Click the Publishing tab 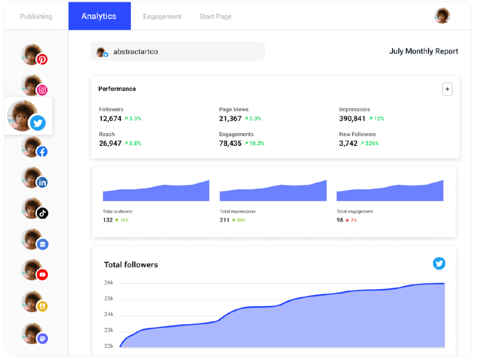click(36, 16)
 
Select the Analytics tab click(99, 16)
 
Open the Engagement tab click(162, 16)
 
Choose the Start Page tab click(215, 16)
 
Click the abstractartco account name click(136, 52)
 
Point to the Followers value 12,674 click(110, 119)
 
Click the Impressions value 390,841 click(352, 119)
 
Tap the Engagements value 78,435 click(230, 143)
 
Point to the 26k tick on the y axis click(109, 283)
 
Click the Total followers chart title click(131, 265)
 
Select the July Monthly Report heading click(423, 51)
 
